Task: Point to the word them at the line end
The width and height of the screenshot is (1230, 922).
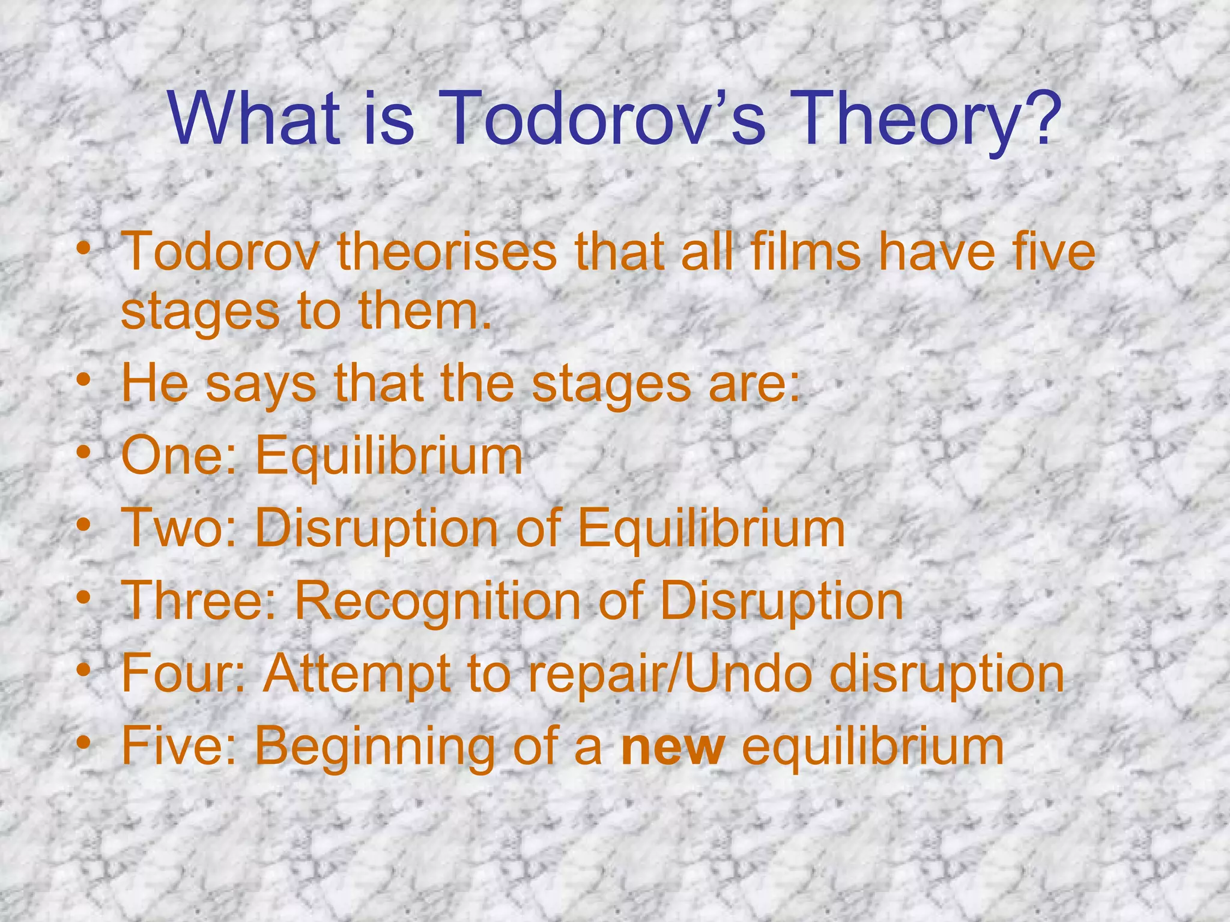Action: pos(424,312)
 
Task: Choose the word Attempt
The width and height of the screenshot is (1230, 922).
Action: pos(358,673)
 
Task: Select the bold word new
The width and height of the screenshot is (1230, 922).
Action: pos(673,747)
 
